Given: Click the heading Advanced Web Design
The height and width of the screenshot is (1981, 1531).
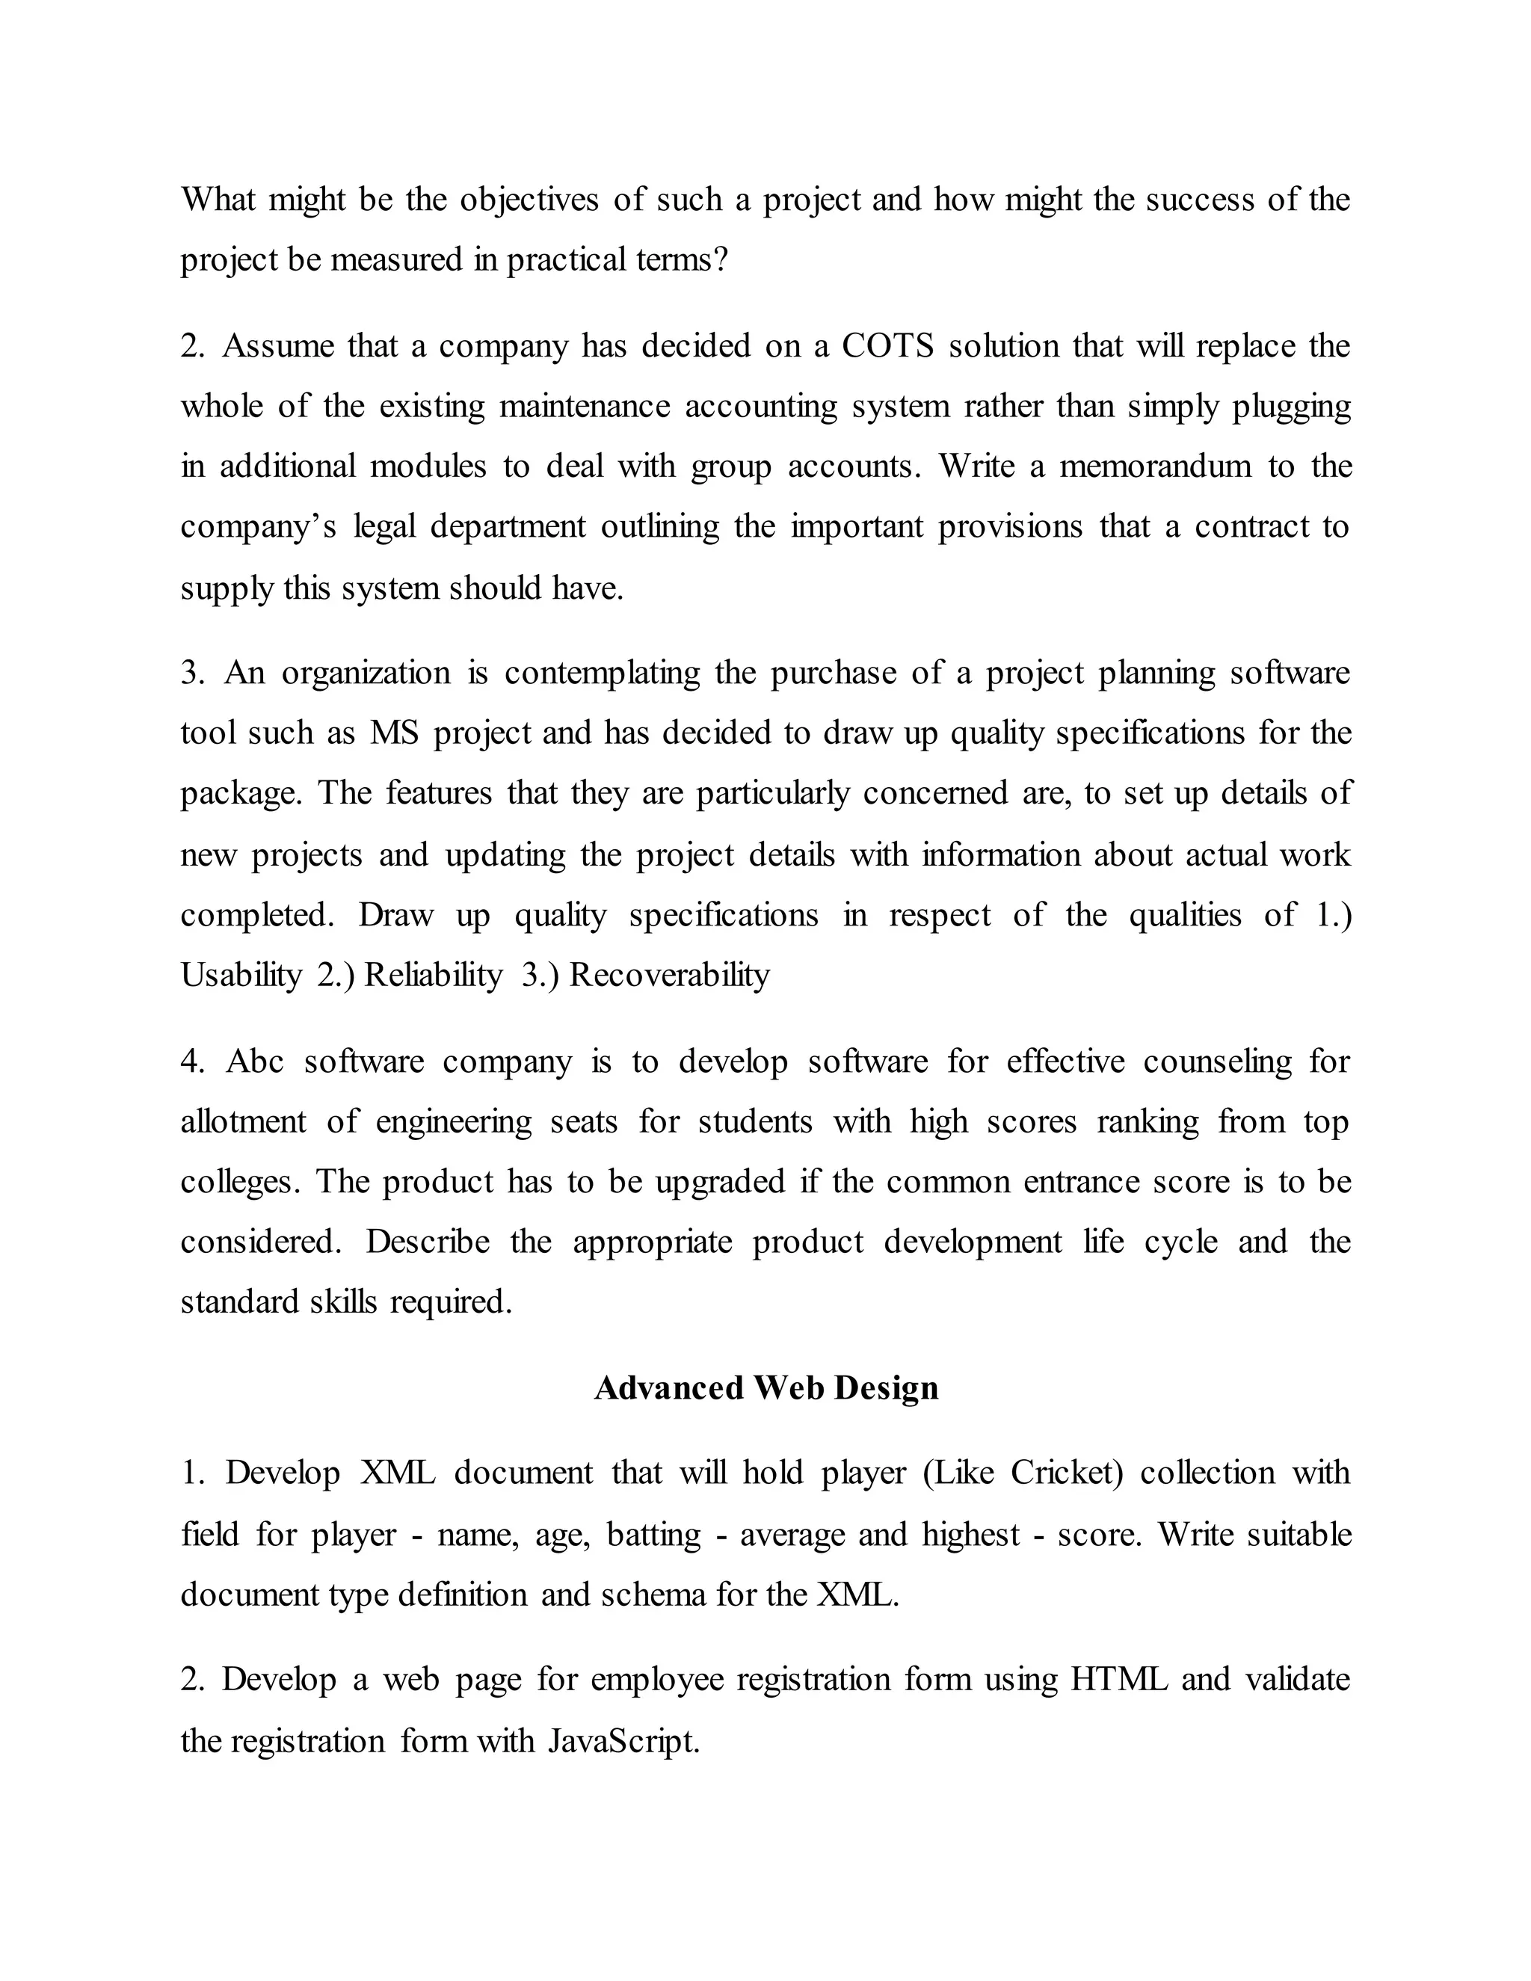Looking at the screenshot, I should coord(765,1387).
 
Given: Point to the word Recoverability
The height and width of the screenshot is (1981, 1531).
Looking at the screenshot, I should coord(669,975).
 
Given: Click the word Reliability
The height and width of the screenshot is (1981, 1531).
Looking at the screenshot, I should coord(433,975).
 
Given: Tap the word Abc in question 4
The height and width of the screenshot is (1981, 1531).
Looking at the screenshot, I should coord(255,1062).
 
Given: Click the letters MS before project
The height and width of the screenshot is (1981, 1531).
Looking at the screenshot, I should coord(395,733).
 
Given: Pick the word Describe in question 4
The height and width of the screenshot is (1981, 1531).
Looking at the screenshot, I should coord(427,1241).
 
